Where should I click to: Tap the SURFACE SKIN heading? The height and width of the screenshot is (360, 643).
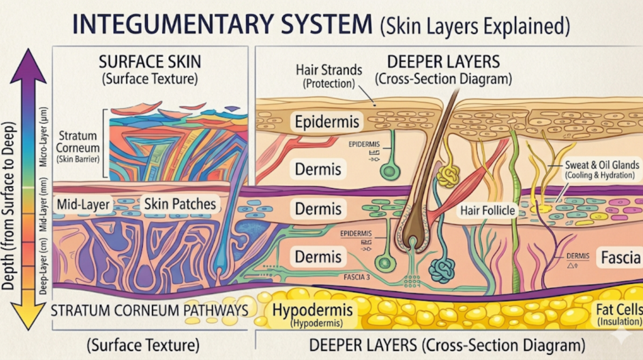tap(149, 62)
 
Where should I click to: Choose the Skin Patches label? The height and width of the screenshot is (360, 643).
tap(180, 204)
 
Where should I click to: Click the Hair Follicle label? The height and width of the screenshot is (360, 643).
tap(487, 210)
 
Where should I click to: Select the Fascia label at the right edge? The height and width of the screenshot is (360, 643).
tap(620, 257)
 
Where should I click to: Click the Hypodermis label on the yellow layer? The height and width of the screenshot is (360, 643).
tap(312, 311)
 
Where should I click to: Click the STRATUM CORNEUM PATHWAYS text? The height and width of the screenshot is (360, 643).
tap(149, 310)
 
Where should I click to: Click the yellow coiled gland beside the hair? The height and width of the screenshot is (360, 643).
tap(448, 178)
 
